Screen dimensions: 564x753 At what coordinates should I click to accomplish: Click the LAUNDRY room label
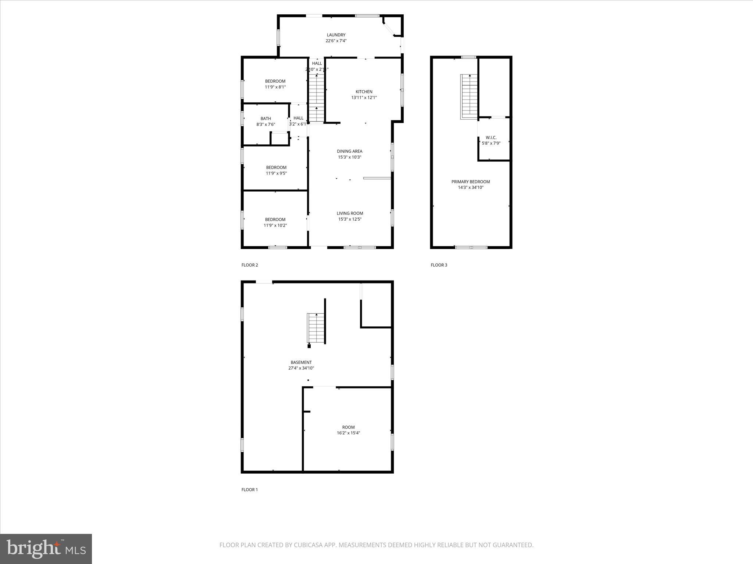pyautogui.click(x=336, y=35)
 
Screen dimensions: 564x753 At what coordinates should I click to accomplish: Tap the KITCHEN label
pyautogui.click(x=364, y=92)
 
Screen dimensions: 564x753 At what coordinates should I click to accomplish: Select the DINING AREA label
pyautogui.click(x=349, y=151)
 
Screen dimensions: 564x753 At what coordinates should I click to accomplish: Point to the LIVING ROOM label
pyautogui.click(x=350, y=213)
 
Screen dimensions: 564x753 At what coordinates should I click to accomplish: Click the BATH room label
pyautogui.click(x=265, y=119)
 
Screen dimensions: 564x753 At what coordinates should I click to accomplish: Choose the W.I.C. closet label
pyautogui.click(x=491, y=138)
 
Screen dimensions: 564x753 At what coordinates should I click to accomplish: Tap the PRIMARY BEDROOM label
pyautogui.click(x=471, y=182)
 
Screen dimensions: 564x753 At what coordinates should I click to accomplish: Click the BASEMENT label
pyautogui.click(x=301, y=362)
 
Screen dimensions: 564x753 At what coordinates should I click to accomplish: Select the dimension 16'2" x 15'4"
pyautogui.click(x=348, y=433)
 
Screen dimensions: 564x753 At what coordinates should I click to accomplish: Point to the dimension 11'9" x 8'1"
pyautogui.click(x=275, y=87)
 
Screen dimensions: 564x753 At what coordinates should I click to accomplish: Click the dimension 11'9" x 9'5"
pyautogui.click(x=276, y=173)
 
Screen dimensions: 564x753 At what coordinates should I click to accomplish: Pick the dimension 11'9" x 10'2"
pyautogui.click(x=275, y=225)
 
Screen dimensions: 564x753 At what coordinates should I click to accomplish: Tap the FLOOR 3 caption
pyautogui.click(x=439, y=265)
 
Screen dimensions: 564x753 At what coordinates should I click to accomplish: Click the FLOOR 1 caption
pyautogui.click(x=250, y=489)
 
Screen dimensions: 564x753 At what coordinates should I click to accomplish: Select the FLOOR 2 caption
pyautogui.click(x=250, y=265)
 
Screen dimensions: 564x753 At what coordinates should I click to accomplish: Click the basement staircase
pyautogui.click(x=316, y=328)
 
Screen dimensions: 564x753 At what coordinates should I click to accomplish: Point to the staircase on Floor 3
pyautogui.click(x=469, y=96)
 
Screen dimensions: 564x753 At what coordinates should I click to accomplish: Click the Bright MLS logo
pyautogui.click(x=46, y=549)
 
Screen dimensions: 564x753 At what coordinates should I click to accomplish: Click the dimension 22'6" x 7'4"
pyautogui.click(x=336, y=41)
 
